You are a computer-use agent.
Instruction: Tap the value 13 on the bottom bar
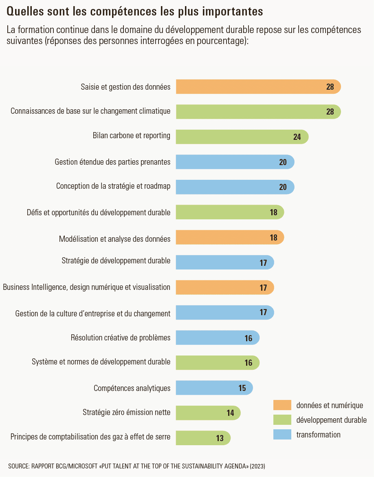[x=220, y=438]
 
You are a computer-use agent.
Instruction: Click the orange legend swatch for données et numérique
[x=282, y=405]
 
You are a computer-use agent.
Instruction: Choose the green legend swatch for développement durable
[x=282, y=420]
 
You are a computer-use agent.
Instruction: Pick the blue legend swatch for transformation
[x=282, y=435]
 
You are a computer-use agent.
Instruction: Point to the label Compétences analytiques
[x=132, y=388]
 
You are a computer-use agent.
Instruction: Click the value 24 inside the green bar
[x=297, y=137]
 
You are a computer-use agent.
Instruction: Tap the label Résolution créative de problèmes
[x=121, y=338]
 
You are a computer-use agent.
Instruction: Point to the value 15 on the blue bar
[x=242, y=388]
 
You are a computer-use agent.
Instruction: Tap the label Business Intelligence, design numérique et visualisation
[x=86, y=287]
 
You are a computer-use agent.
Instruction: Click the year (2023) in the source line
[x=257, y=466]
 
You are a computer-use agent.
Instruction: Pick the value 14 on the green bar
[x=231, y=413]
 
